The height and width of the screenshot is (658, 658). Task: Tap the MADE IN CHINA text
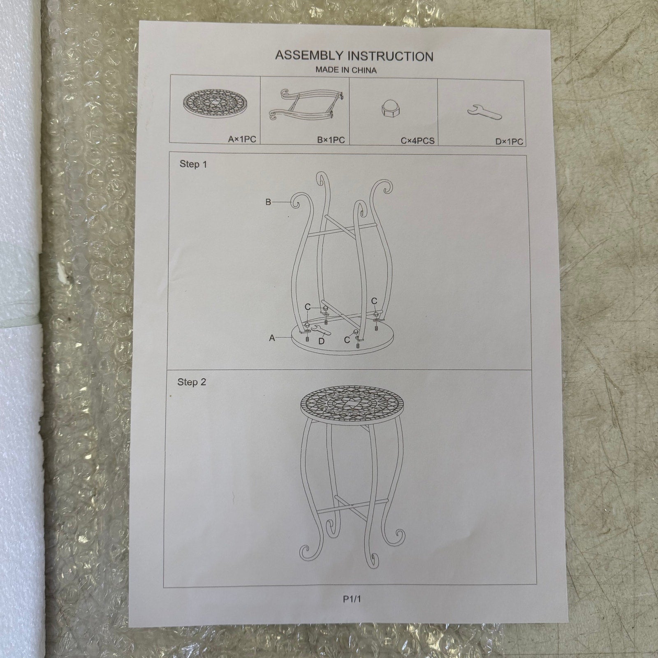(x=346, y=70)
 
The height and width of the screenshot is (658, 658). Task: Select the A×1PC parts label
(x=242, y=139)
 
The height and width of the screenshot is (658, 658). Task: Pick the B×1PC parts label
(x=331, y=140)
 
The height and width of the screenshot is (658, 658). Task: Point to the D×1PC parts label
(x=509, y=142)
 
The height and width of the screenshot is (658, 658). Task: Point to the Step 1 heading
(x=193, y=164)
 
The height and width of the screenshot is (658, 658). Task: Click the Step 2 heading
(x=192, y=382)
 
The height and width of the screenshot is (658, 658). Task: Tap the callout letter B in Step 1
(x=268, y=202)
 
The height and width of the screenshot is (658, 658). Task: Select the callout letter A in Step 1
(x=272, y=338)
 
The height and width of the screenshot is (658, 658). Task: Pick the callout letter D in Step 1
(x=322, y=341)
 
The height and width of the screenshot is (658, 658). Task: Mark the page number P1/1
(x=352, y=599)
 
